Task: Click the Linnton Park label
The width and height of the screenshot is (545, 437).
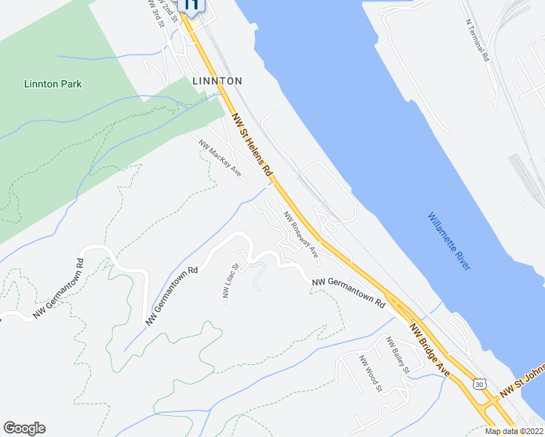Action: point(52,84)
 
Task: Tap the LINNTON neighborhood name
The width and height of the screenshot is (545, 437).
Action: point(217,81)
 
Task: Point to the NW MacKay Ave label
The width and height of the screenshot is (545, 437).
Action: point(219,157)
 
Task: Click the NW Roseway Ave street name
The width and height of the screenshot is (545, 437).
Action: point(301,235)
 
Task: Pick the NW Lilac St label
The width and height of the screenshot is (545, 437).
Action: point(230,281)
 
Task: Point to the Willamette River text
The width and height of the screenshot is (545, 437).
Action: point(449,241)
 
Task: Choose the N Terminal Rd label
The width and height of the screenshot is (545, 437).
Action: point(477,39)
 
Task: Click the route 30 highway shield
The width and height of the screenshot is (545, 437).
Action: point(478,384)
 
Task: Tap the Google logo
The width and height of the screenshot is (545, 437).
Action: point(24,428)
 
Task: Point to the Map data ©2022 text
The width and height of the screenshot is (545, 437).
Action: point(514,431)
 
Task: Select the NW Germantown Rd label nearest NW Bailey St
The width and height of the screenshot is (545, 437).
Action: point(348,291)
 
